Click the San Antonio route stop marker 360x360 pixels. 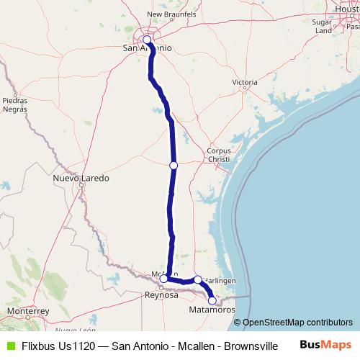[x=147, y=40]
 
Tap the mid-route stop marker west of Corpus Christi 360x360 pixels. [x=174, y=166]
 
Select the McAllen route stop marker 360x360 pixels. [x=163, y=278]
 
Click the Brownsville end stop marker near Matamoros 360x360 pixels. [x=212, y=301]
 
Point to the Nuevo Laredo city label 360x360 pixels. [x=81, y=178]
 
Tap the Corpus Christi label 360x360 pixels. [x=218, y=154]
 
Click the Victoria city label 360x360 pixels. [x=245, y=83]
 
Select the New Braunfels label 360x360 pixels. [x=171, y=14]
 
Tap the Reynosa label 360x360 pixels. [x=162, y=295]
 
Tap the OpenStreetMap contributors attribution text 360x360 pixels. [x=297, y=322]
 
